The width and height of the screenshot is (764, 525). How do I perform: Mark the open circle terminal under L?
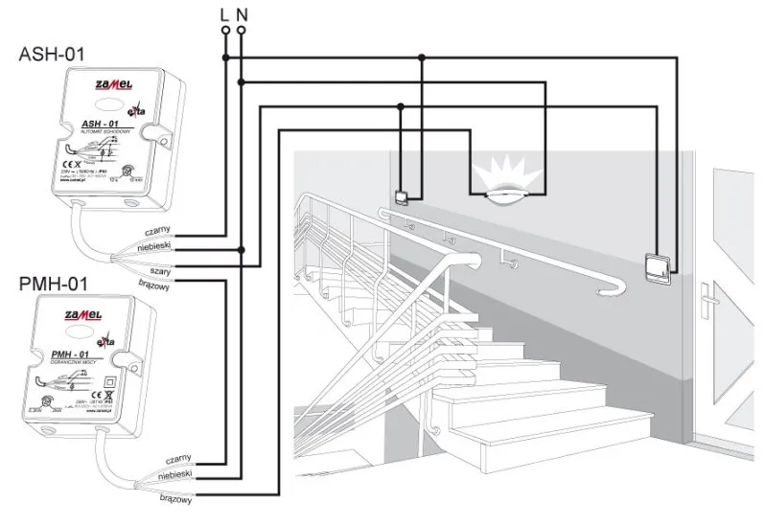pyautogui.click(x=225, y=30)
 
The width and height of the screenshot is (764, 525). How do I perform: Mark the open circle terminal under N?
pyautogui.click(x=241, y=30)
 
